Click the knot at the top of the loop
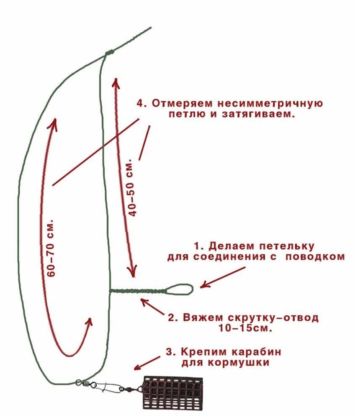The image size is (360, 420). pos(109,53)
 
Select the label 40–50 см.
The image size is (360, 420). pos(132,187)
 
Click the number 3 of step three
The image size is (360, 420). pos(169,351)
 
